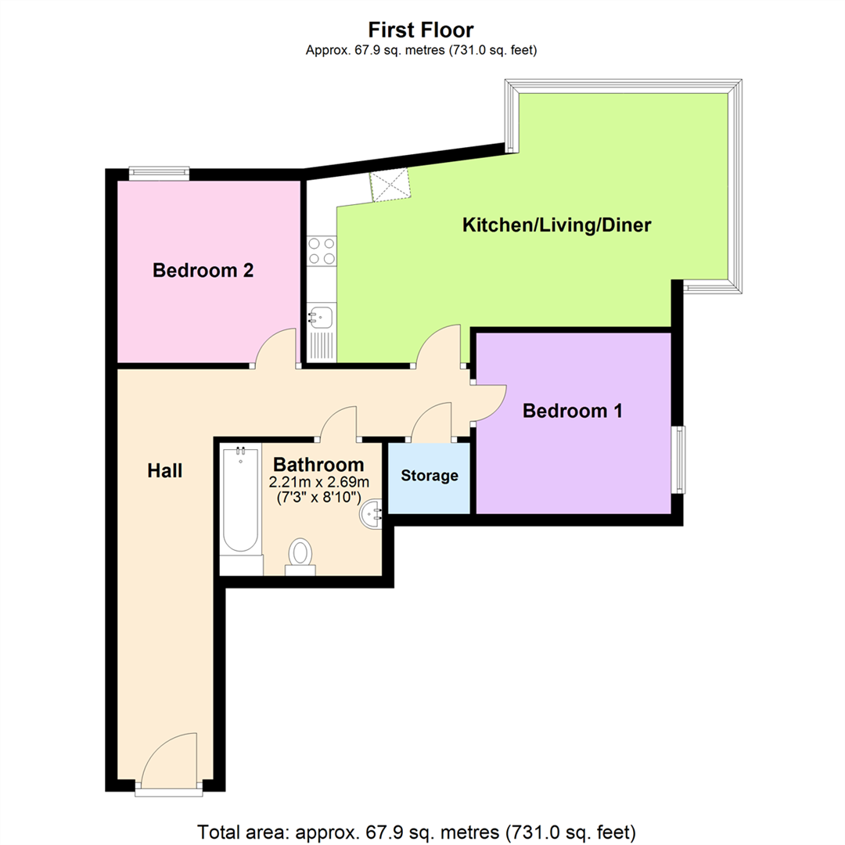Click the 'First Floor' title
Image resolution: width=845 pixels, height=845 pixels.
[421, 30]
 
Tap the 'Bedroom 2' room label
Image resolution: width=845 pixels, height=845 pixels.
[203, 270]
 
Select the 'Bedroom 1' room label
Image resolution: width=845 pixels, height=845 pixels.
[572, 411]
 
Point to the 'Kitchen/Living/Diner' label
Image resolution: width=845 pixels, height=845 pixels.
[557, 225]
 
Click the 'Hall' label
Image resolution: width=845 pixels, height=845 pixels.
[165, 470]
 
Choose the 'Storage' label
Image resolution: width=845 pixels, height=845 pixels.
[430, 476]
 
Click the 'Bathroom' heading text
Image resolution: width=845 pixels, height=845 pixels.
[318, 464]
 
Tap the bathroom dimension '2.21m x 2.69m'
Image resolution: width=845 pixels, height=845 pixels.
[319, 481]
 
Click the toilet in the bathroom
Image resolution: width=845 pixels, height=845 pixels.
[300, 556]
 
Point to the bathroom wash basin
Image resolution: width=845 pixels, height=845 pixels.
[372, 515]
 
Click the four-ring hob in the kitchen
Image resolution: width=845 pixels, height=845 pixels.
[322, 252]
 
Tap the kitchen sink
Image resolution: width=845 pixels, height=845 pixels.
[321, 316]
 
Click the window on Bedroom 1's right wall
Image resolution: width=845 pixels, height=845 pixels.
[678, 460]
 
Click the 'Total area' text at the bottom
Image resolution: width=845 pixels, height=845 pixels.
[416, 832]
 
